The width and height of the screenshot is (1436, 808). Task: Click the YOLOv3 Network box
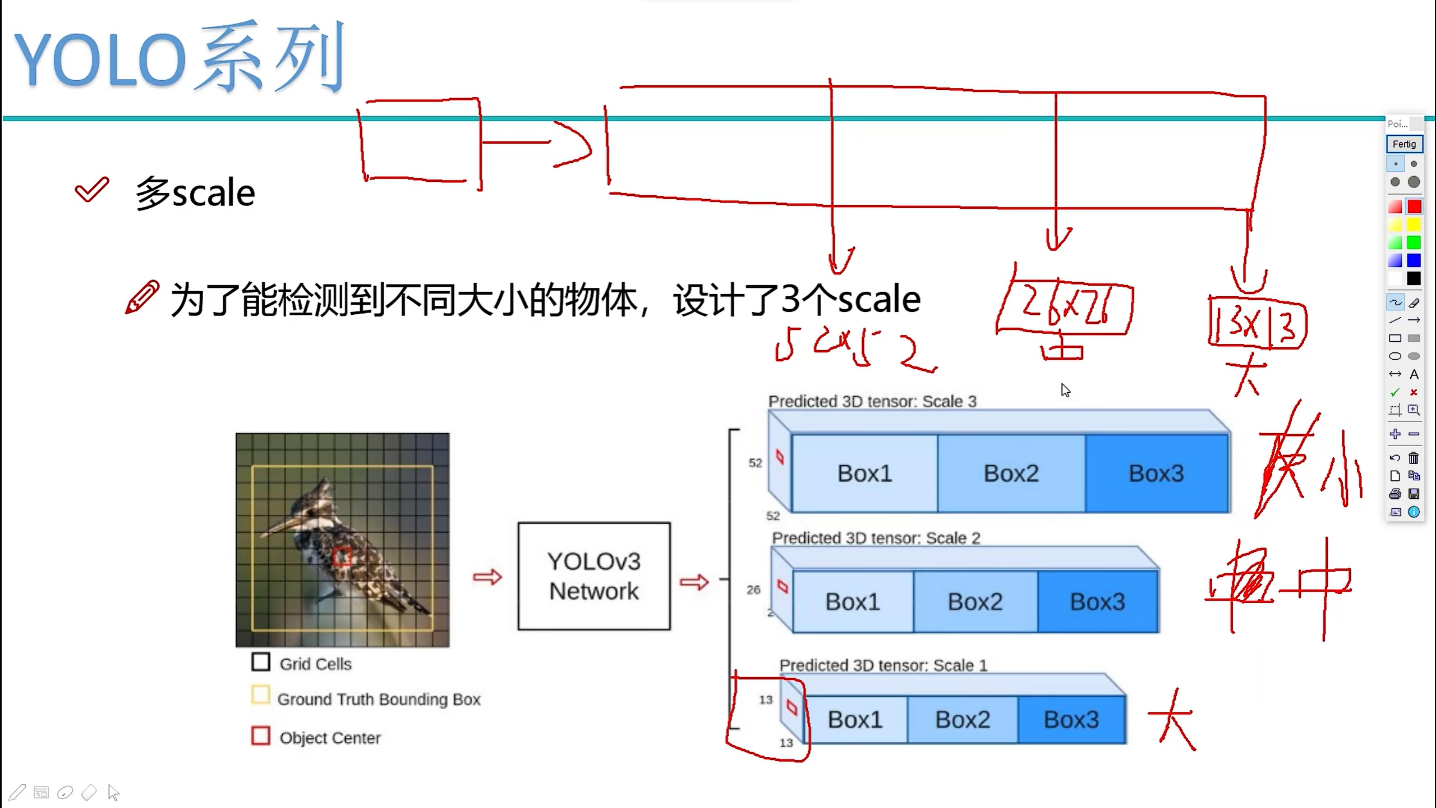click(x=594, y=576)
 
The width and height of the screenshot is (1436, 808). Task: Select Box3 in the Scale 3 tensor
click(x=1157, y=474)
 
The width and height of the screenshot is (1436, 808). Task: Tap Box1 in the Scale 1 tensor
click(x=855, y=719)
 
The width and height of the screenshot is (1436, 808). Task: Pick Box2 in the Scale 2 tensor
click(x=975, y=602)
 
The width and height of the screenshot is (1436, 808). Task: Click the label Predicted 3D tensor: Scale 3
click(x=872, y=402)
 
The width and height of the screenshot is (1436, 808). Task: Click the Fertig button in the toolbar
click(x=1404, y=144)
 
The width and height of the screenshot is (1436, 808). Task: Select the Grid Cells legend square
click(x=261, y=662)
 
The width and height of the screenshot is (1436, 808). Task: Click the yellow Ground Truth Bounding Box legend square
click(x=261, y=695)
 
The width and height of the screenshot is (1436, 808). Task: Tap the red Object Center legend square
click(x=261, y=736)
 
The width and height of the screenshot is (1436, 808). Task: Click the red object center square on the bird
click(x=342, y=557)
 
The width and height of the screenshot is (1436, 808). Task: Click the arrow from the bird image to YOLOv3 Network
click(x=487, y=577)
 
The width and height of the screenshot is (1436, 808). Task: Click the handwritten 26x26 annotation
click(x=1065, y=307)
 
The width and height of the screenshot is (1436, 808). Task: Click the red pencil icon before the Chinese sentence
click(x=142, y=297)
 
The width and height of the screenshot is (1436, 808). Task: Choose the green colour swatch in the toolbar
click(x=1414, y=243)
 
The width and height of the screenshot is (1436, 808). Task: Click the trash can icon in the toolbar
click(x=1414, y=458)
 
